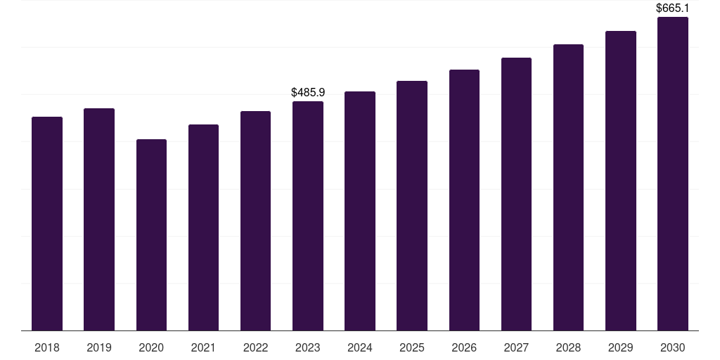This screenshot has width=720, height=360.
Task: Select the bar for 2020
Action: pyautogui.click(x=151, y=235)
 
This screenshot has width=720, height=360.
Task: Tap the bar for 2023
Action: pyautogui.click(x=308, y=216)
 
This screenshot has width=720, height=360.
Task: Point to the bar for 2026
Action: pyautogui.click(x=464, y=200)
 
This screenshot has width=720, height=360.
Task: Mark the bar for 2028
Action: pyautogui.click(x=568, y=188)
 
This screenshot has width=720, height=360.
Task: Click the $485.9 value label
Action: pyautogui.click(x=308, y=92)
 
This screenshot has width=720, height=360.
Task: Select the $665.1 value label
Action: pyautogui.click(x=673, y=8)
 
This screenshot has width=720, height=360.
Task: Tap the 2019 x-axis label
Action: pyautogui.click(x=99, y=347)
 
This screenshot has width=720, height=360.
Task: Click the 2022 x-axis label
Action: pyautogui.click(x=255, y=347)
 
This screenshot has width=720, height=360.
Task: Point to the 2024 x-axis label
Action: pyautogui.click(x=360, y=347)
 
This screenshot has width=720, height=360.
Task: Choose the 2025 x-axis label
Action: pyautogui.click(x=412, y=347)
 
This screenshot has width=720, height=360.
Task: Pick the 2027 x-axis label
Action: pyautogui.click(x=516, y=347)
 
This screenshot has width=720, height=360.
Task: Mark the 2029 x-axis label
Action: pyautogui.click(x=621, y=347)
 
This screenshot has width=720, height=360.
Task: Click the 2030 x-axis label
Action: pyautogui.click(x=673, y=347)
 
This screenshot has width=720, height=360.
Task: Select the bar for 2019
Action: pyautogui.click(x=99, y=219)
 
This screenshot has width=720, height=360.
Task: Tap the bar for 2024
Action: pyautogui.click(x=360, y=211)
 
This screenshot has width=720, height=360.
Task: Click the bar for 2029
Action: pyautogui.click(x=621, y=181)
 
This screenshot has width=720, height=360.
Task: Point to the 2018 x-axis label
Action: pyautogui.click(x=47, y=347)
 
